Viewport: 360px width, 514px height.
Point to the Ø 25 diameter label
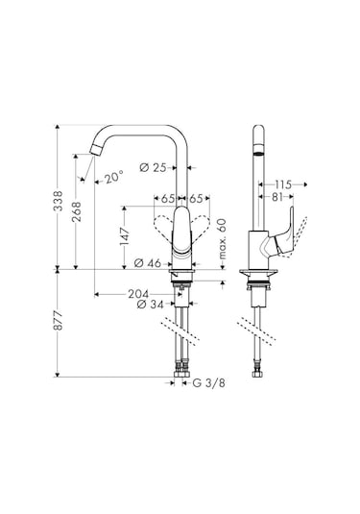pos(154,168)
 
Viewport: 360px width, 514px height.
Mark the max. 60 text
pos(221,242)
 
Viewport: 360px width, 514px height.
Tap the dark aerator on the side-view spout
pos(255,153)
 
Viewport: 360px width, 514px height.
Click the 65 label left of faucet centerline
pos(167,199)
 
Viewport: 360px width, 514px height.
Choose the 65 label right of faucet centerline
pos(194,199)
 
